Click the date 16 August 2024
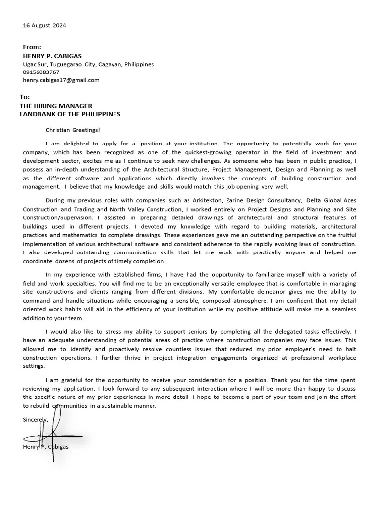44,25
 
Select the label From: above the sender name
32,47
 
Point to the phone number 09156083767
41,72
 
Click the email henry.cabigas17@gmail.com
61,80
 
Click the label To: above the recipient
25,97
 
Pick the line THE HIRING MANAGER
56,106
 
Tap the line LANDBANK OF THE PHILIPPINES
70,114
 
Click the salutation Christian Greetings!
73,130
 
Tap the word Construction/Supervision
57,217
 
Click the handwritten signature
52,434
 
